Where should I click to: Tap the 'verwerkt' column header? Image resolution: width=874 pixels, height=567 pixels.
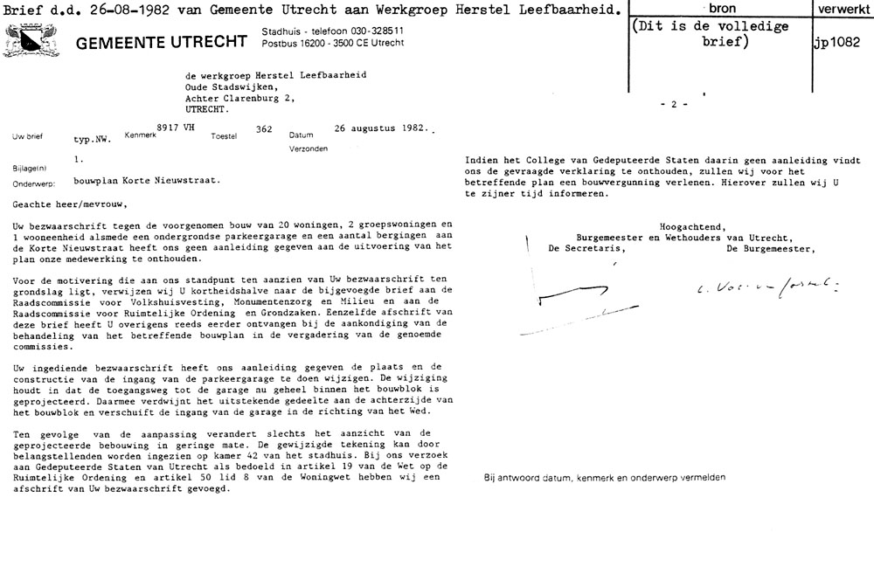click(x=840, y=8)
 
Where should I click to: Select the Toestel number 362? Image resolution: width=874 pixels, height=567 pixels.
click(x=262, y=129)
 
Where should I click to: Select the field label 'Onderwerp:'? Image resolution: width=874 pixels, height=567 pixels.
click(x=34, y=183)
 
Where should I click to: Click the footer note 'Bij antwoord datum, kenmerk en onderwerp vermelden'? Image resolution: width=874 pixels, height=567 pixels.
click(x=603, y=477)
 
